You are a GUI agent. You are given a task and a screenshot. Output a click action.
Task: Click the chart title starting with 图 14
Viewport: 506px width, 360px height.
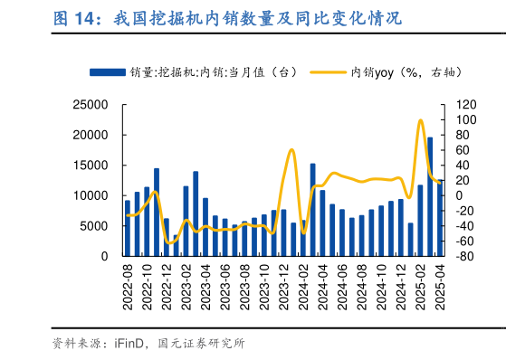226,18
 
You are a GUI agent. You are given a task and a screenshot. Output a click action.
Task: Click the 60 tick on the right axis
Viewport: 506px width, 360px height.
458,150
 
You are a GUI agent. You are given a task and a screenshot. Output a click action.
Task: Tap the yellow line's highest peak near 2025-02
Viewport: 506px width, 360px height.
421,120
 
